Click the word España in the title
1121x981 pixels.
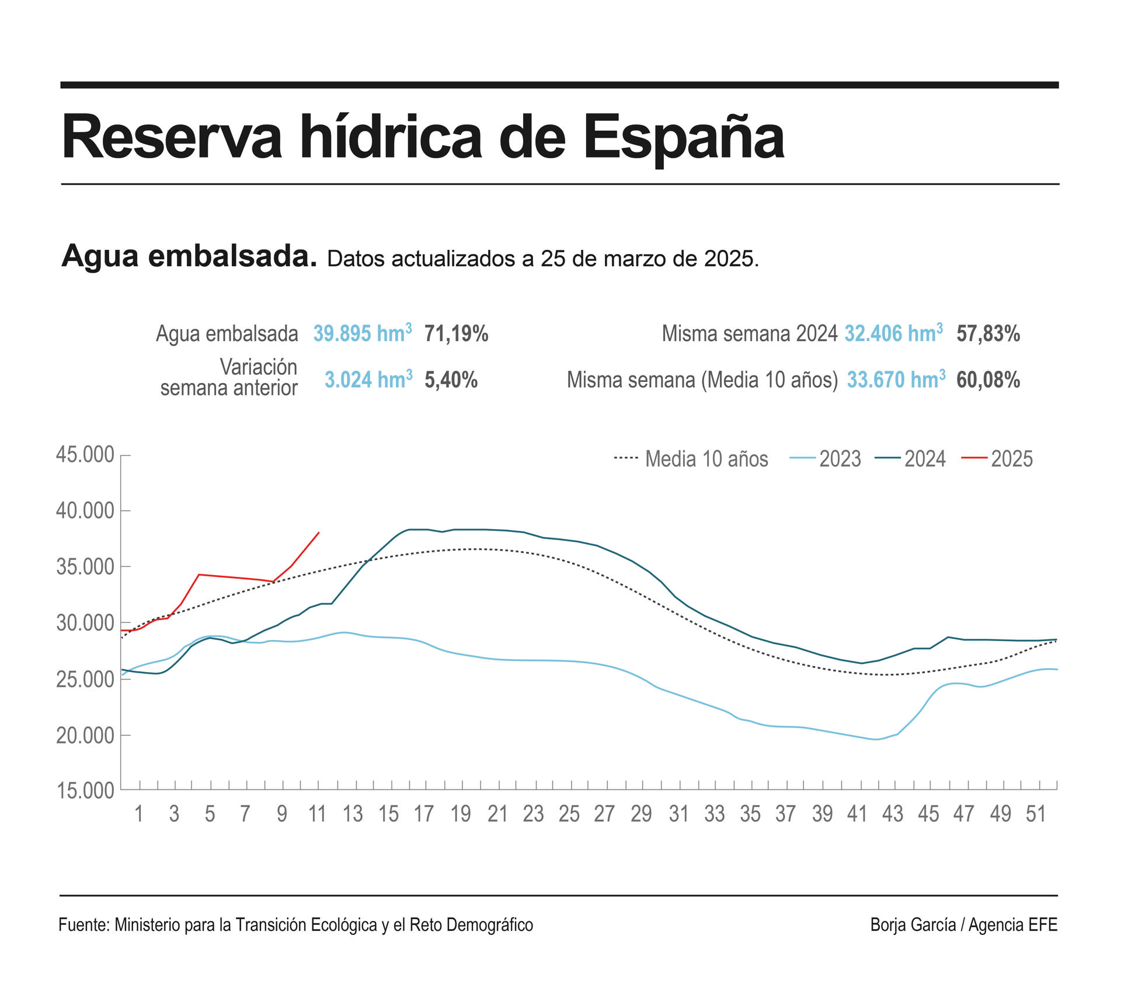(684, 138)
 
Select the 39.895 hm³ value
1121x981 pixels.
(362, 333)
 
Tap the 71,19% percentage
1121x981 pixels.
(456, 333)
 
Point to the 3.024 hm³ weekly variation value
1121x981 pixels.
(368, 380)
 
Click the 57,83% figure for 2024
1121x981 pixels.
(988, 333)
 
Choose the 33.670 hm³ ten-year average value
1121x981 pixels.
(896, 380)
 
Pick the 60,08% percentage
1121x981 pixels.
(988, 380)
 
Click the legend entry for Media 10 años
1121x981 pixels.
(691, 459)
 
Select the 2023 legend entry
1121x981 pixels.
(826, 459)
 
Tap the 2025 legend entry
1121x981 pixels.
(997, 459)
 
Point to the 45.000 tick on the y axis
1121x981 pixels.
(85, 455)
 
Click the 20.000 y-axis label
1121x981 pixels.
(85, 736)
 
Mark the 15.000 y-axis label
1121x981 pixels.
(85, 791)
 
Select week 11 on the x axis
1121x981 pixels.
(317, 814)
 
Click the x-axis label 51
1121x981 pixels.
(1036, 814)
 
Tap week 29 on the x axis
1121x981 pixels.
(640, 814)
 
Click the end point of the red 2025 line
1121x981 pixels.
(319, 532)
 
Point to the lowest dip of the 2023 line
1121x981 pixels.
(876, 739)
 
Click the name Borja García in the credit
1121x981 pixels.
(913, 925)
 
